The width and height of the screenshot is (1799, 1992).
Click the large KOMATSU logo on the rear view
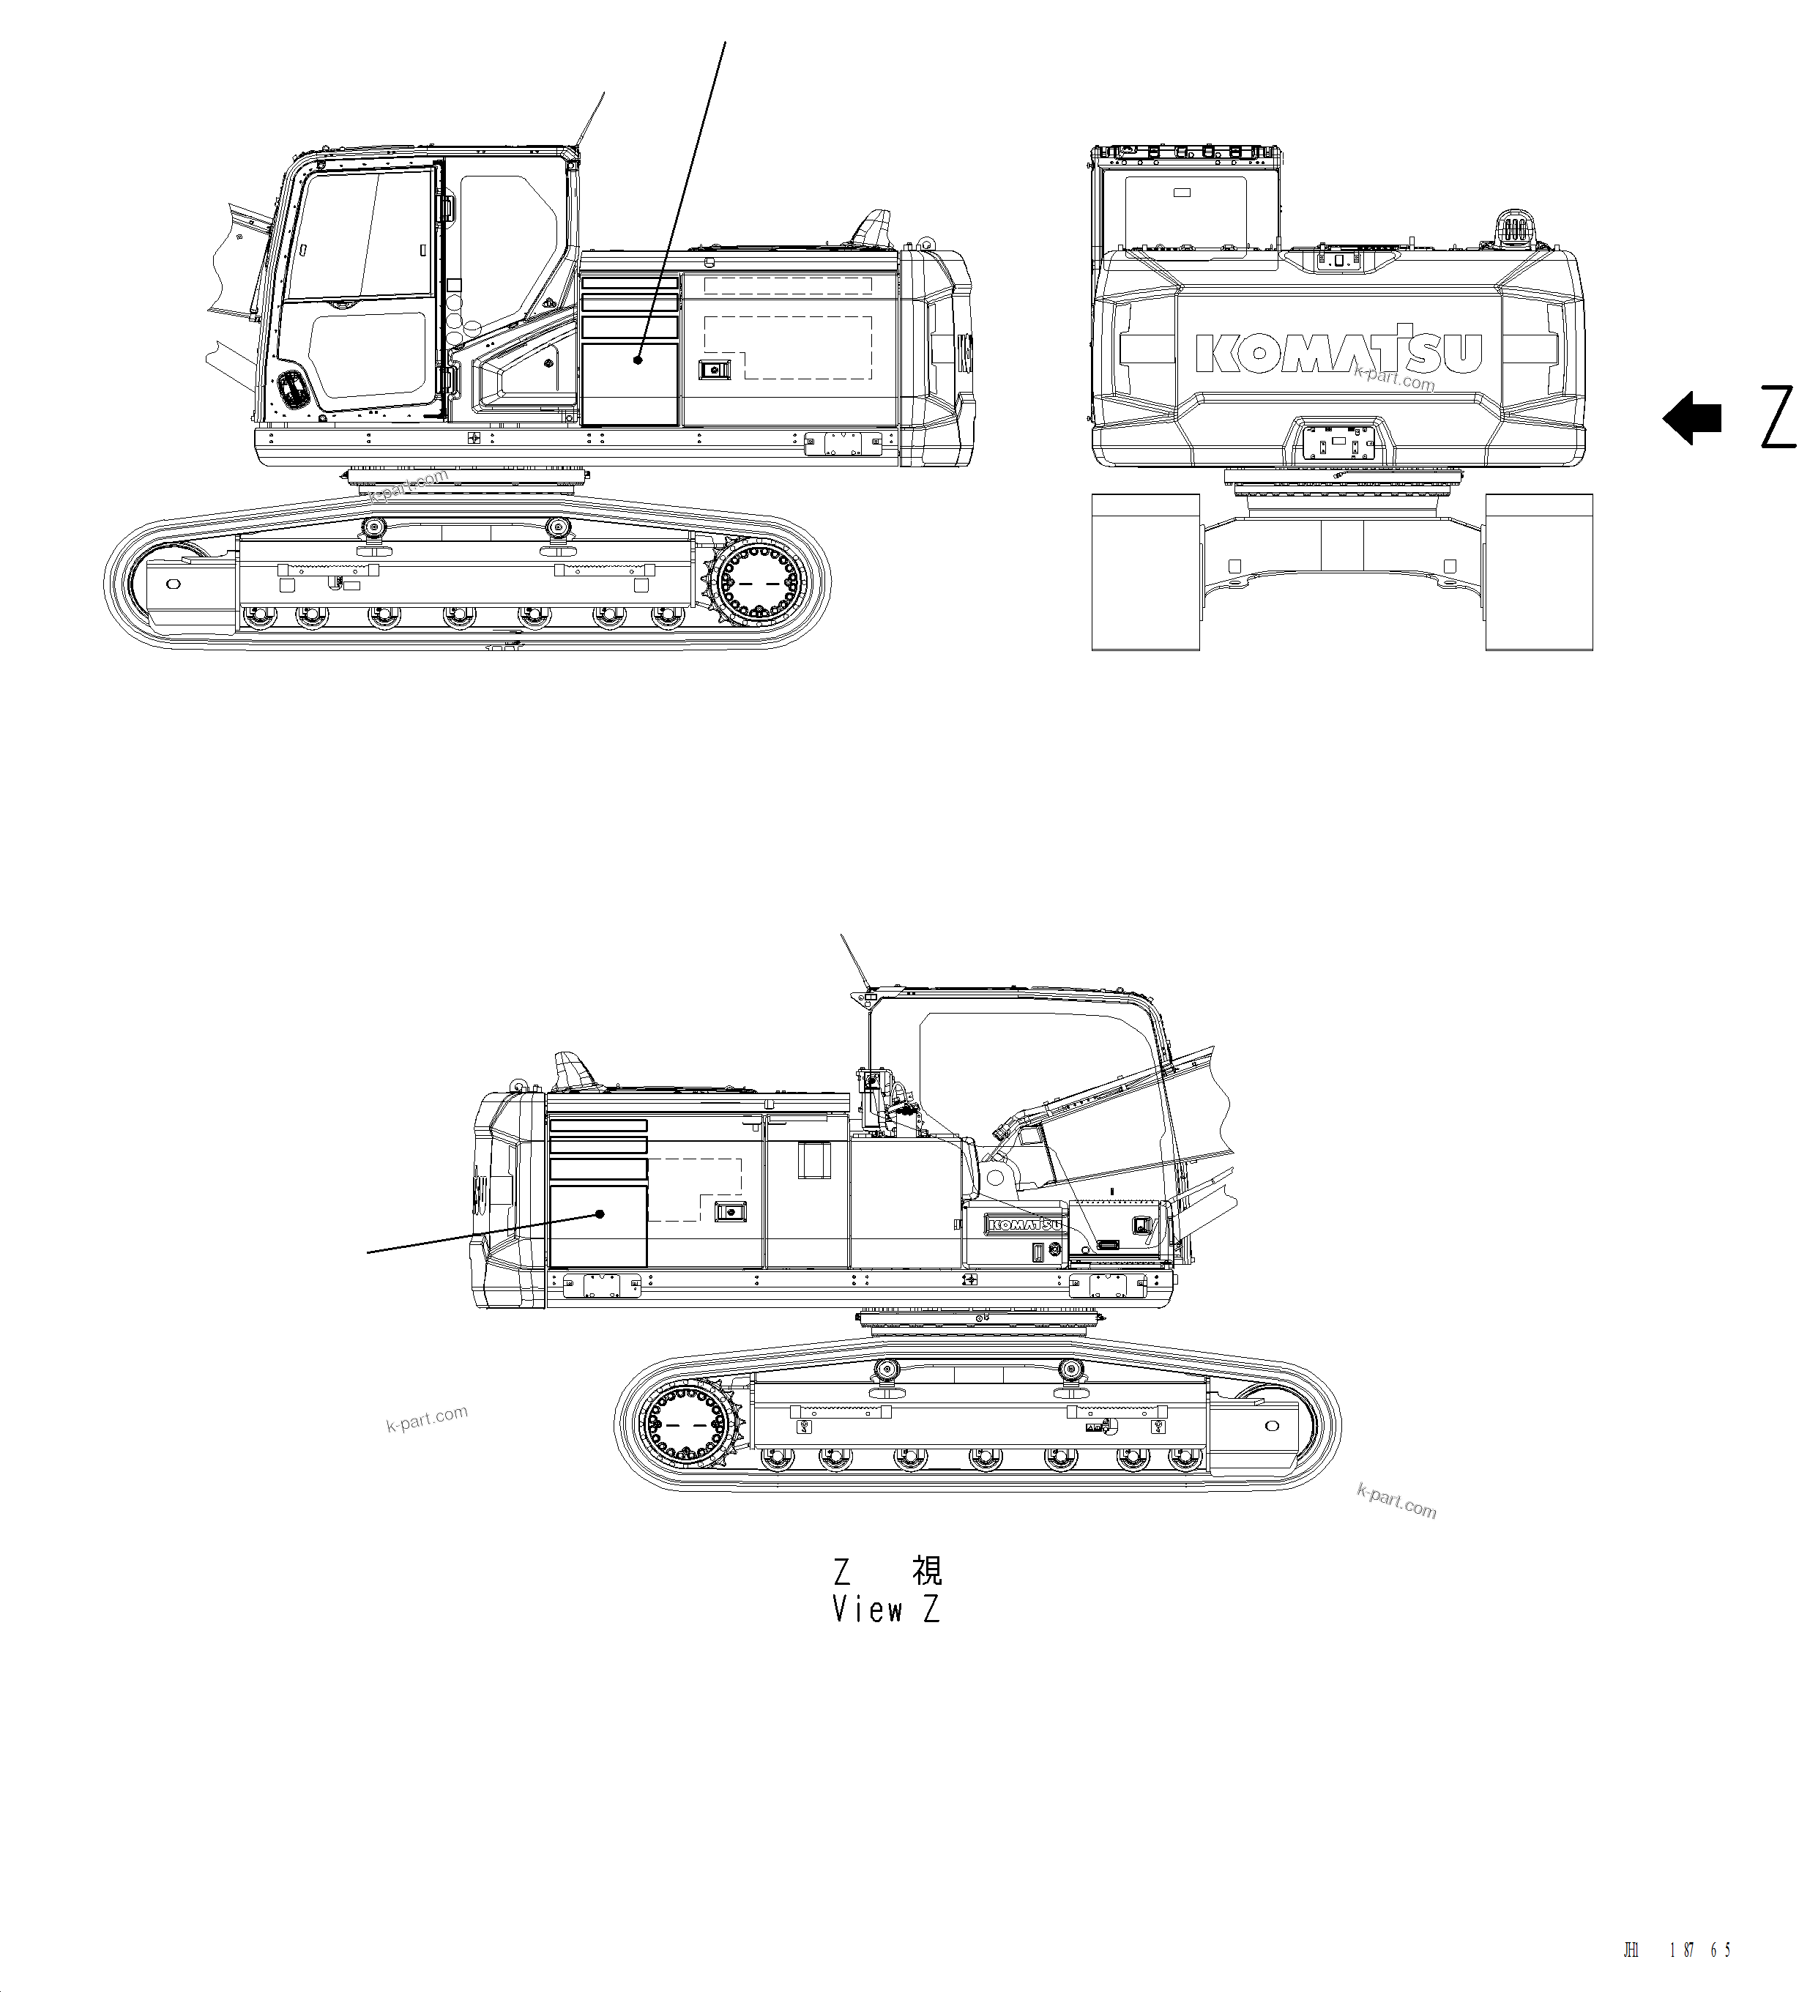point(1338,351)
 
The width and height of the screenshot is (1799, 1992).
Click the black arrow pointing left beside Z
point(1691,418)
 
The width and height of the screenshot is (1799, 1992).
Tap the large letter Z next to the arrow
point(1777,418)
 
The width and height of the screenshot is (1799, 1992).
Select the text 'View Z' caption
point(885,1610)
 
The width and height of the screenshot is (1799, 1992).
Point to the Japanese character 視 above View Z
point(927,1570)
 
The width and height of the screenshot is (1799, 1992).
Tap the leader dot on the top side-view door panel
point(638,360)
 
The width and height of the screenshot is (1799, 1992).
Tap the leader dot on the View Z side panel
point(600,1214)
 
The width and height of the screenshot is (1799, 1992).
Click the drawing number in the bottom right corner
point(1677,1950)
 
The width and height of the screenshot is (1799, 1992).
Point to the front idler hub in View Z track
point(1271,1426)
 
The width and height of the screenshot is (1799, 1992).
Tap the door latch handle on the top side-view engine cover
point(712,370)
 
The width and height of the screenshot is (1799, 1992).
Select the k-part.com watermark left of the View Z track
point(427,1419)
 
